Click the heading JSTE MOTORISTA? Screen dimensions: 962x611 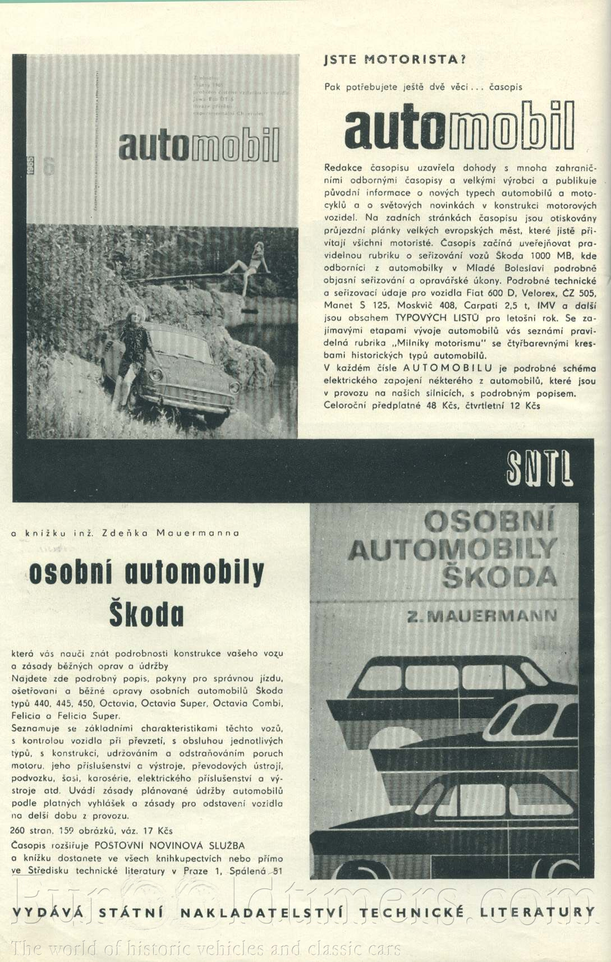[x=395, y=59]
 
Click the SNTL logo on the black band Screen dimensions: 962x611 [x=539, y=468]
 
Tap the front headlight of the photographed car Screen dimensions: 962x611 [x=157, y=374]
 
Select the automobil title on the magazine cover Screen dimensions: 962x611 [x=199, y=146]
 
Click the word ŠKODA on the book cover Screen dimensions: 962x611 [x=499, y=576]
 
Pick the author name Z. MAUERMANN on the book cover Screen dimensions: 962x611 [x=482, y=616]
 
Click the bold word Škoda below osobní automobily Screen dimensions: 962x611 [x=146, y=614]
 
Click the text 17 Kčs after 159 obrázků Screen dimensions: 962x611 [x=157, y=831]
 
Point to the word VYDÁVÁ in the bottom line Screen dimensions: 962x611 [x=47, y=913]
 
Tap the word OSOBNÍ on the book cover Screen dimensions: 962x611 [x=489, y=522]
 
